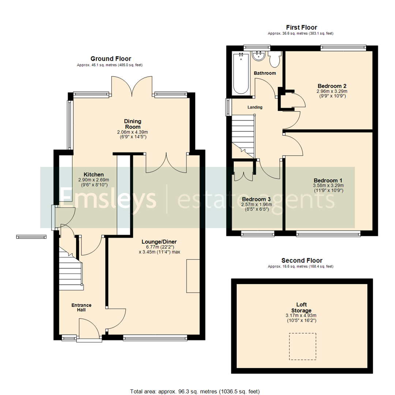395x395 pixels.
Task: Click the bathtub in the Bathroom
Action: (x=240, y=73)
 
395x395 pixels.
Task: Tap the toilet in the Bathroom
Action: (x=274, y=59)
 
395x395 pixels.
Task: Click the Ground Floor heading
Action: (x=110, y=59)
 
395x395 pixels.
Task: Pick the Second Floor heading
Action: (x=302, y=260)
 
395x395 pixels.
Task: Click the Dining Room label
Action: (x=132, y=124)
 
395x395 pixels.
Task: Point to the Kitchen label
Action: (x=94, y=174)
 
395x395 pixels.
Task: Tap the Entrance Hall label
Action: (x=81, y=308)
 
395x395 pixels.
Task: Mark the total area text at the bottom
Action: (x=195, y=391)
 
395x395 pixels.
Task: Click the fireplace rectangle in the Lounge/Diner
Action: (x=193, y=276)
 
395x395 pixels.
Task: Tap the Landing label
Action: (x=255, y=107)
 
